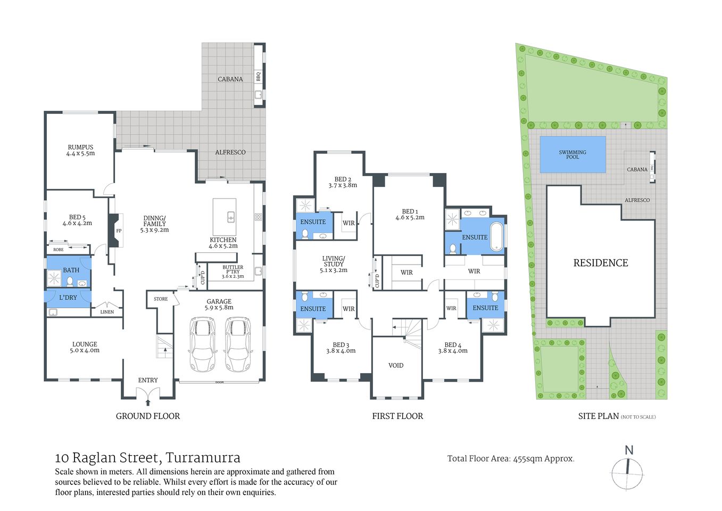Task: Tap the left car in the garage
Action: click(203, 345)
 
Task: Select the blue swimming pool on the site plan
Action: click(572, 154)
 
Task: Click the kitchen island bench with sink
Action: click(225, 217)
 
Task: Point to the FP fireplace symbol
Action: click(118, 231)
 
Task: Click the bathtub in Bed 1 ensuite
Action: click(496, 236)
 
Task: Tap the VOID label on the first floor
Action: click(396, 366)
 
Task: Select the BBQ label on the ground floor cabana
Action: click(259, 77)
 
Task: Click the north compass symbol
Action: click(627, 472)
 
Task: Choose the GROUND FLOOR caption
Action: click(148, 416)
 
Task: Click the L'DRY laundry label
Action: click(68, 298)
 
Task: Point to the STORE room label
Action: click(161, 299)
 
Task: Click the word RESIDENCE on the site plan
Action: click(600, 263)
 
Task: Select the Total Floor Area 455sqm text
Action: click(510, 459)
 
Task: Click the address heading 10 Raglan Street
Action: click(147, 458)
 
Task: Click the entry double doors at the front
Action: click(147, 393)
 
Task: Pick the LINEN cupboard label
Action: click(107, 312)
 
